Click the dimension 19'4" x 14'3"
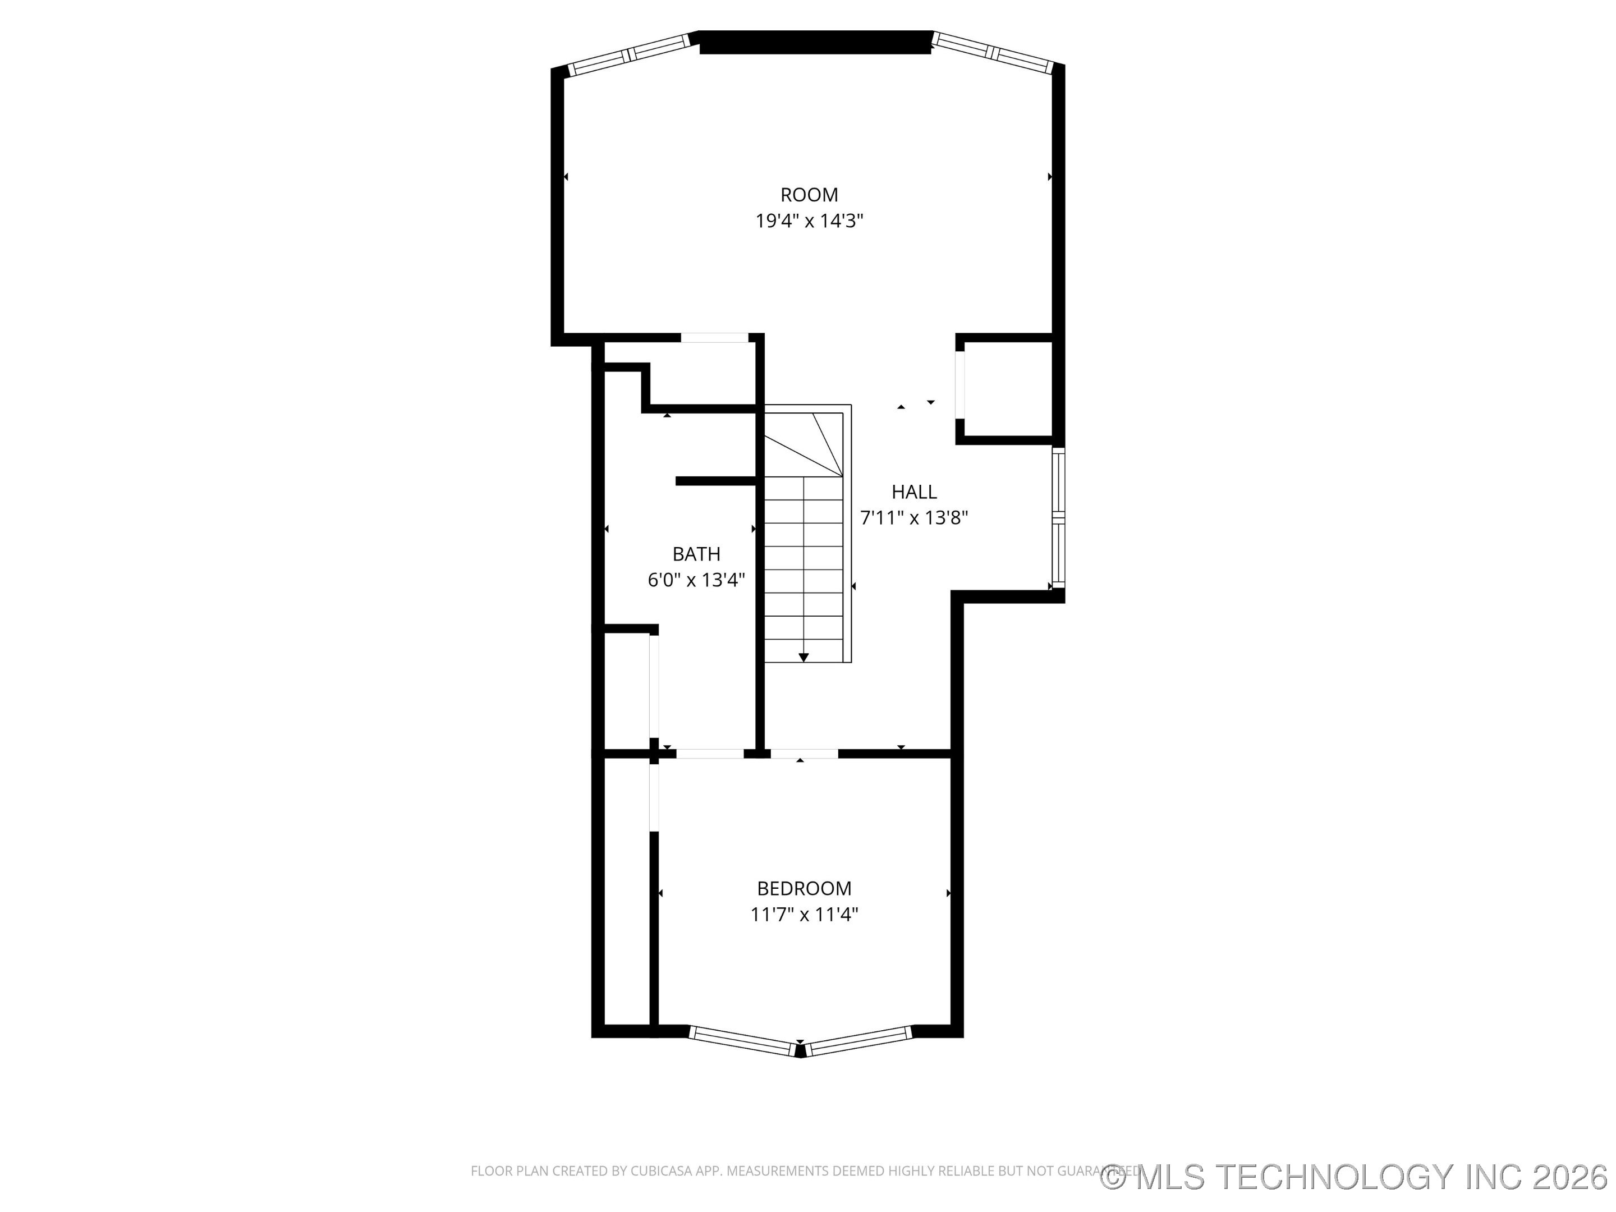[809, 221]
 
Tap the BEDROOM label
[804, 888]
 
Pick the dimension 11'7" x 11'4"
[804, 915]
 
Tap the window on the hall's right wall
[1058, 518]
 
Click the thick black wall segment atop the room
[815, 43]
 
